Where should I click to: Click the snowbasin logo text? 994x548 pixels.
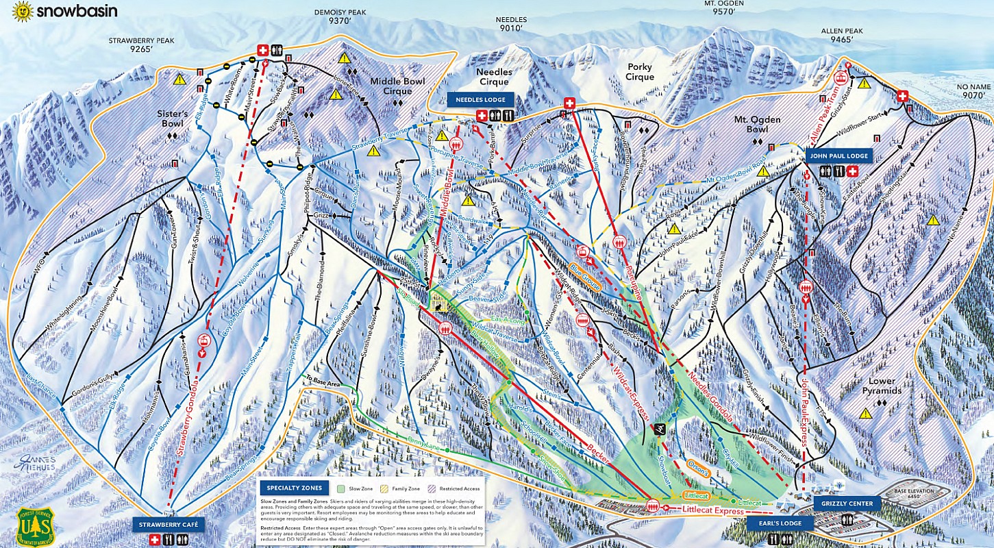pyautogui.click(x=77, y=11)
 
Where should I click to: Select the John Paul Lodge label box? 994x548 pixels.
pyautogui.click(x=838, y=156)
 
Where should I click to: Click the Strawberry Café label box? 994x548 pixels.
pyautogui.click(x=168, y=525)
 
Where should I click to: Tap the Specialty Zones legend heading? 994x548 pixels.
pyautogui.click(x=292, y=488)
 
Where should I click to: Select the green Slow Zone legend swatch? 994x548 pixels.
pyautogui.click(x=341, y=488)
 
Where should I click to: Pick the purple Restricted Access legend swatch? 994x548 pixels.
pyautogui.click(x=420, y=488)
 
